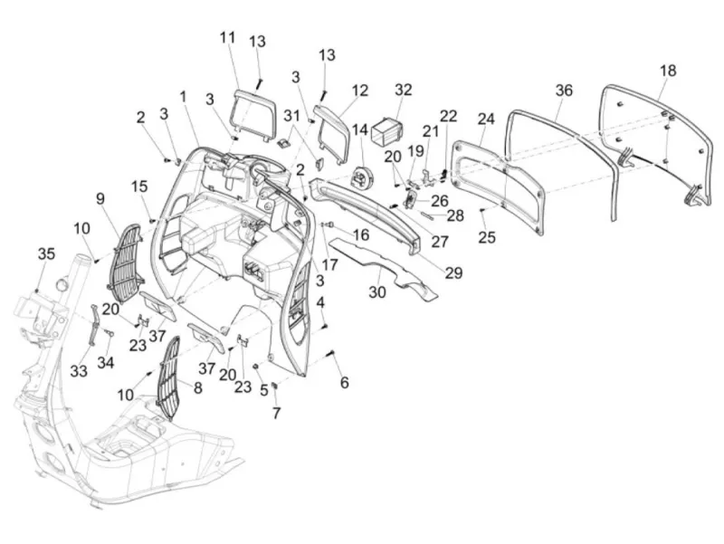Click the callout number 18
(x=668, y=71)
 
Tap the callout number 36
(x=564, y=91)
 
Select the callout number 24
(x=486, y=119)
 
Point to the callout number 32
(x=403, y=90)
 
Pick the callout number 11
(x=227, y=37)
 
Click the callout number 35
(x=46, y=253)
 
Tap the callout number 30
(x=377, y=291)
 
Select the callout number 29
(x=453, y=272)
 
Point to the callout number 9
(x=100, y=198)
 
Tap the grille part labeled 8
(x=168, y=377)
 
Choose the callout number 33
(x=79, y=370)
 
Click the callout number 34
(x=105, y=362)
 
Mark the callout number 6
(x=345, y=382)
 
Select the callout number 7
(x=276, y=413)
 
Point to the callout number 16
(x=360, y=234)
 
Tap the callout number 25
(x=487, y=237)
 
